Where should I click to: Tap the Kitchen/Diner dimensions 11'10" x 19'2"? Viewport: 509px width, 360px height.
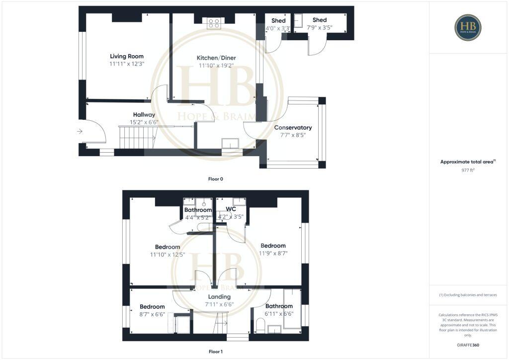point(217,65)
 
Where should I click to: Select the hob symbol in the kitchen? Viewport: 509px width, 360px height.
point(214,22)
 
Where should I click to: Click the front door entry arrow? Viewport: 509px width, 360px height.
point(80,131)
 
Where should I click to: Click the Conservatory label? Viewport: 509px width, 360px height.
point(293,128)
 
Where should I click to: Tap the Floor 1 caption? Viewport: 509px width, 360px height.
point(216,352)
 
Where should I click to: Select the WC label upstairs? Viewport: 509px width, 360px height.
point(231,209)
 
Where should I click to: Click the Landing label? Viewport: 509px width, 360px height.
point(219,297)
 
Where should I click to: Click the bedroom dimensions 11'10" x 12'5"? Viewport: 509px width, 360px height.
point(168,255)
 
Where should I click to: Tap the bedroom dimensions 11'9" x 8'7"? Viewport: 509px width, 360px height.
point(273,253)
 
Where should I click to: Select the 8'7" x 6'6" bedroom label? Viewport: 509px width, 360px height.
point(152,310)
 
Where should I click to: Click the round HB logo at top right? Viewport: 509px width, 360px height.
point(468,27)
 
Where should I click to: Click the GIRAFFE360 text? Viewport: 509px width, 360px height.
point(468,345)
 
